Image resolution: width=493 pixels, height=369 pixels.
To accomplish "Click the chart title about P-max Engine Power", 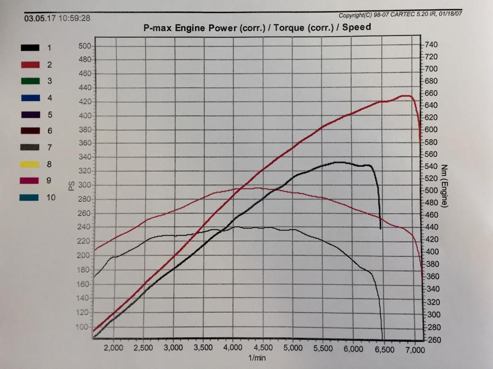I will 256,27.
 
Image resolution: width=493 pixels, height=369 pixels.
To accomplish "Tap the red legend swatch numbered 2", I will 30,65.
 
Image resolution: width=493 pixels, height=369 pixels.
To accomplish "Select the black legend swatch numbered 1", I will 30,48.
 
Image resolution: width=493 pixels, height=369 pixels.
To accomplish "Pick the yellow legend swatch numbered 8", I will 30,163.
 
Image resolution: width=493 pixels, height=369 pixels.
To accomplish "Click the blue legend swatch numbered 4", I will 30,98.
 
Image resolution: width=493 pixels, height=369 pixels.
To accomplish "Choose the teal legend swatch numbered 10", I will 30,197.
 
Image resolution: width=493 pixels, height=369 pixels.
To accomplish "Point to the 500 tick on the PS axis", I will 84,46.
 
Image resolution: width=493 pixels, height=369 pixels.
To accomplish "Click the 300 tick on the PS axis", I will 84,185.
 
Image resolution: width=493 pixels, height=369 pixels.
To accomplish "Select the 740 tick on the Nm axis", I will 432,44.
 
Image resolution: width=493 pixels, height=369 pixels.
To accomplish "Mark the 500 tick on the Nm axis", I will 432,191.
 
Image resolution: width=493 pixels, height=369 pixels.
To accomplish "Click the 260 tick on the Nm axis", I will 432,339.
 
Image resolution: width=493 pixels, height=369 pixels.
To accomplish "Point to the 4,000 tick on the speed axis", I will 233,348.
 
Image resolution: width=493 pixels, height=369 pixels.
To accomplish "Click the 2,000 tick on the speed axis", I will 113,348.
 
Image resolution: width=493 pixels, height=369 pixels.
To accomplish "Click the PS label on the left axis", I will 71,186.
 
